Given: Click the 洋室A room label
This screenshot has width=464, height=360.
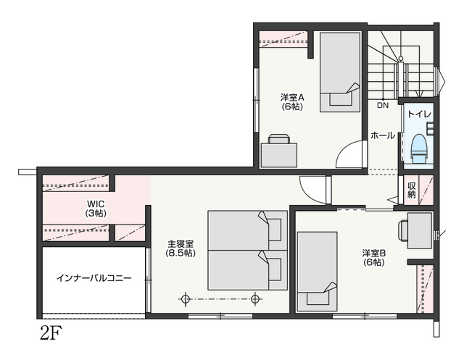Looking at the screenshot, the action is click(x=292, y=97).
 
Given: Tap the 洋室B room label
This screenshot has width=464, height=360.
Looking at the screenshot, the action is click(x=374, y=254).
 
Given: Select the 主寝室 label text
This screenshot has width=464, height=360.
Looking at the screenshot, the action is click(x=181, y=244).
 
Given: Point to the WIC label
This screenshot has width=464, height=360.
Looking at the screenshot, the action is click(x=96, y=204).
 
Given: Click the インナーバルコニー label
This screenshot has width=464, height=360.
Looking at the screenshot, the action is click(x=94, y=278).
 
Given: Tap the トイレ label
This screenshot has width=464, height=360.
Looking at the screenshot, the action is click(x=420, y=114).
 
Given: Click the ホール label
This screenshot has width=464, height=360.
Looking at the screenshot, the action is click(x=383, y=135).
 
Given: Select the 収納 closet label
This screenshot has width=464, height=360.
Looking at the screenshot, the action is click(x=412, y=190).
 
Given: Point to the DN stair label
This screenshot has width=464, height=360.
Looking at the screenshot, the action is click(x=383, y=105).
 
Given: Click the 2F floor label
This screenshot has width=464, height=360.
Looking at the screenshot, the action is click(x=51, y=334).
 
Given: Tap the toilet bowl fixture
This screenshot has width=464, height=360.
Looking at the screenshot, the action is click(x=419, y=148).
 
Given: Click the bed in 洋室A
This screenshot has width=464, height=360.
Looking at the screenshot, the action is click(x=340, y=72).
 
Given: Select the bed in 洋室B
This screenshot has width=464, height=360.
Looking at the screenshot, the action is click(x=318, y=272).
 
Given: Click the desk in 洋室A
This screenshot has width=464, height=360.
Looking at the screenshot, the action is click(x=279, y=155).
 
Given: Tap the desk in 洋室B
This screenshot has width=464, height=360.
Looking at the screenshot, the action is click(x=420, y=231).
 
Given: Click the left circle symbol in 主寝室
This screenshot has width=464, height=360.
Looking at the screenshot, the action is click(x=186, y=299).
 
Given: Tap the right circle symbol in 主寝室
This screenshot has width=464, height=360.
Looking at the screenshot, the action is click(x=255, y=299).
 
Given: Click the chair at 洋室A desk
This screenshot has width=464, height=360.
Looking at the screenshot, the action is click(x=278, y=138).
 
